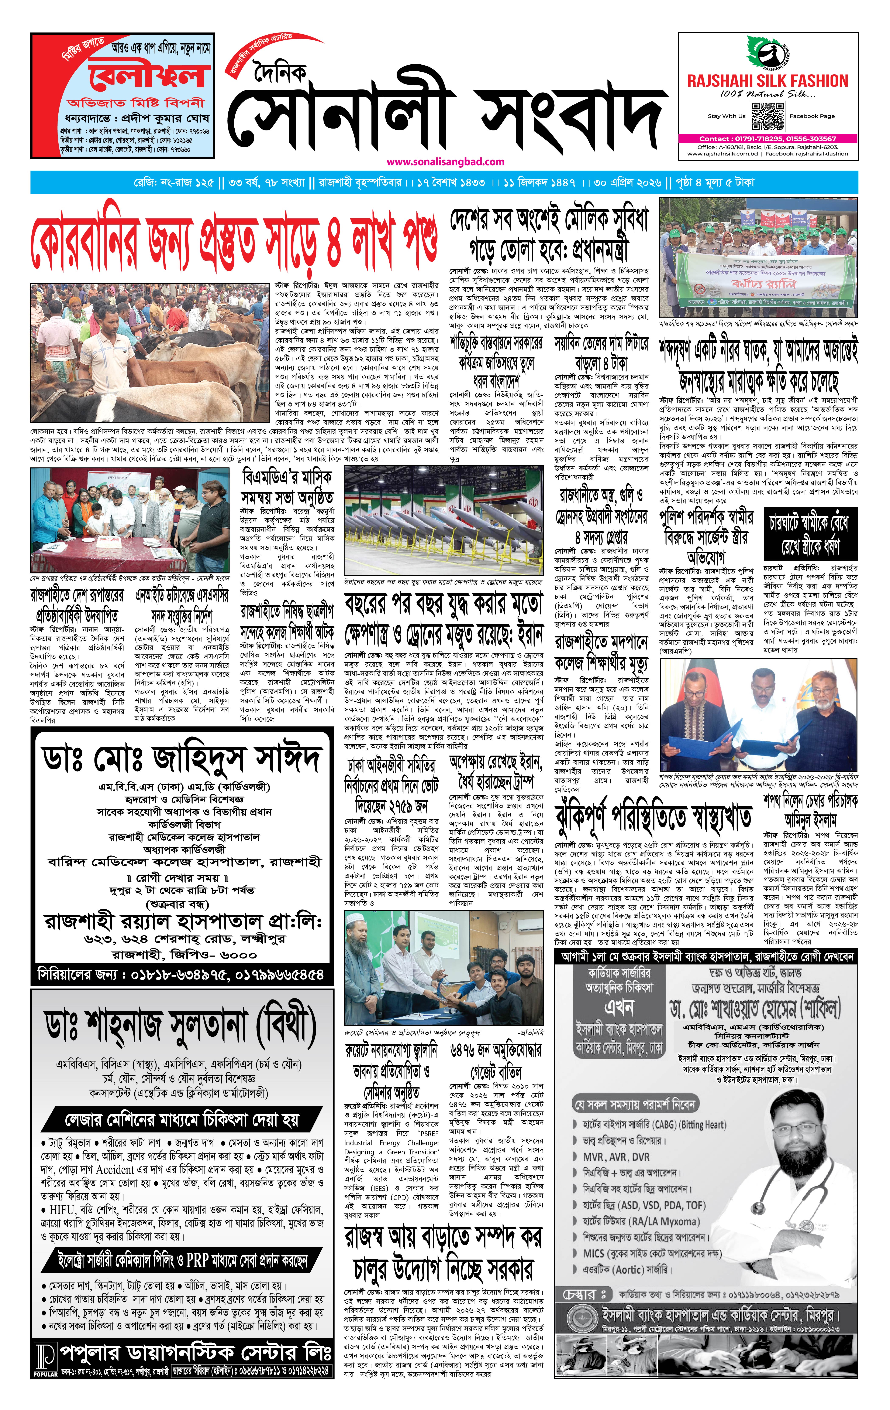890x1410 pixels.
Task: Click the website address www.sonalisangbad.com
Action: tap(445, 162)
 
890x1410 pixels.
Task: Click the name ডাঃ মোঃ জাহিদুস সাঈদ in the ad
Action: tap(181, 759)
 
